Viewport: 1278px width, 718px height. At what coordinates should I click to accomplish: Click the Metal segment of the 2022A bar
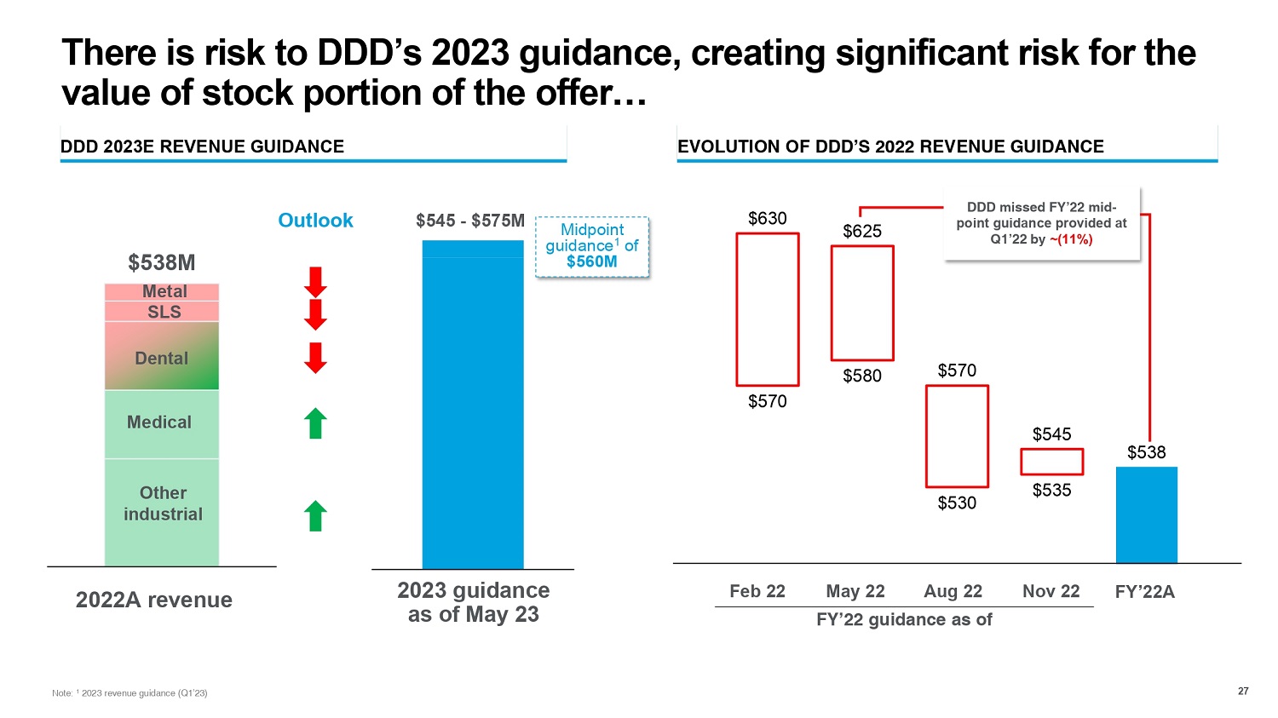tap(162, 291)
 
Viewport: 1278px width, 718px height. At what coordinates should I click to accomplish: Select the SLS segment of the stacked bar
tap(162, 312)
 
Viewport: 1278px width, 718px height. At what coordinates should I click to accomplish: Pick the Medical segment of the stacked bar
tap(162, 423)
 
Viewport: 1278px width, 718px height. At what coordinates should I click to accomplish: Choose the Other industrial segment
tap(162, 511)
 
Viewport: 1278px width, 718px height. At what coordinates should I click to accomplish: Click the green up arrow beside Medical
tap(316, 423)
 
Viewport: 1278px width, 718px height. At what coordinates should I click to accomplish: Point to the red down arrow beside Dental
tap(316, 358)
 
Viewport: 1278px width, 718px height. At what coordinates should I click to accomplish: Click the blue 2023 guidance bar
tap(473, 409)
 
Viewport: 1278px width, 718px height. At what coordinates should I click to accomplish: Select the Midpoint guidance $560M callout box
tap(592, 246)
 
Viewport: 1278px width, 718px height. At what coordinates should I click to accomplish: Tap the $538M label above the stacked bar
tap(162, 262)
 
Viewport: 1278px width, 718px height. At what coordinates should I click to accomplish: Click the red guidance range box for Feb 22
tap(767, 309)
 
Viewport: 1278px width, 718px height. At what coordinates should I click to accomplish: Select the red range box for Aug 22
tap(957, 436)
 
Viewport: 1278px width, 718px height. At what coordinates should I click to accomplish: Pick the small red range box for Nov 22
tap(1051, 462)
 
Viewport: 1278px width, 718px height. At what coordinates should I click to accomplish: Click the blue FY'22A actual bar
tap(1147, 514)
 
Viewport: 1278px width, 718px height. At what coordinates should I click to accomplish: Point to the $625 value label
tap(862, 231)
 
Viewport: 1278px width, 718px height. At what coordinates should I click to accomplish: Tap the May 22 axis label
tap(855, 591)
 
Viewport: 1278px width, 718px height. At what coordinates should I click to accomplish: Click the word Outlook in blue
tap(315, 221)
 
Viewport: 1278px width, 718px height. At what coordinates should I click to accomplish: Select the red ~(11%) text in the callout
tap(1071, 239)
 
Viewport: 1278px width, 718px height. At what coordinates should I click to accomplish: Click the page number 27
tap(1243, 691)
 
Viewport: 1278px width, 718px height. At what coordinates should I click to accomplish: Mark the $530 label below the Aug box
tap(957, 503)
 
